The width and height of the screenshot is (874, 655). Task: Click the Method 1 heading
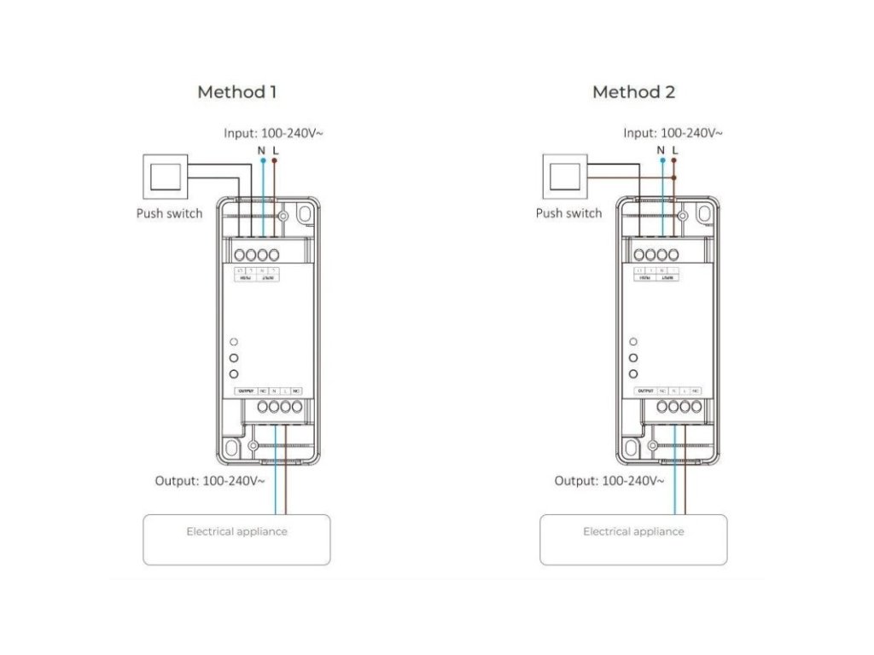click(236, 92)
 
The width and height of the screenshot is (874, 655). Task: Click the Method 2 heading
click(633, 92)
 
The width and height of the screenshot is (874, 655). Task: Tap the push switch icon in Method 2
click(562, 177)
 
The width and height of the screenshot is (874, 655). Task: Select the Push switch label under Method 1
click(169, 213)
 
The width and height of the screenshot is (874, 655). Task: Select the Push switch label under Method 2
click(568, 213)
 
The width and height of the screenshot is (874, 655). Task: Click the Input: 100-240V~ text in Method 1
click(273, 133)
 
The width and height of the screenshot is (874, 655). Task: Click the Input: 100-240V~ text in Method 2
click(673, 133)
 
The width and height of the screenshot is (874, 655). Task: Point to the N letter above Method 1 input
click(261, 150)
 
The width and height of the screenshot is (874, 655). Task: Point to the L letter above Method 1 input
click(274, 150)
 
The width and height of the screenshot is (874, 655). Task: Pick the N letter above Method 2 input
click(661, 150)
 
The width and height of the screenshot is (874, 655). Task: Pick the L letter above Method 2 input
click(674, 150)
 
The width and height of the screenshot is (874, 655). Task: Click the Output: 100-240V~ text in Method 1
click(209, 481)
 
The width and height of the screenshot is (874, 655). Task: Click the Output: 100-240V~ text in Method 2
click(609, 481)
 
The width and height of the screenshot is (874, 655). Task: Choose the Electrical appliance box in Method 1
click(236, 539)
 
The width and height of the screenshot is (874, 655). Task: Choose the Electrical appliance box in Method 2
click(633, 539)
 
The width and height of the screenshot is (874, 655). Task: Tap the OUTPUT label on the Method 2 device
click(644, 391)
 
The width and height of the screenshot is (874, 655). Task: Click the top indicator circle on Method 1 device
click(233, 342)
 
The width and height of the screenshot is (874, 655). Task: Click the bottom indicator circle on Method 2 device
click(633, 374)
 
